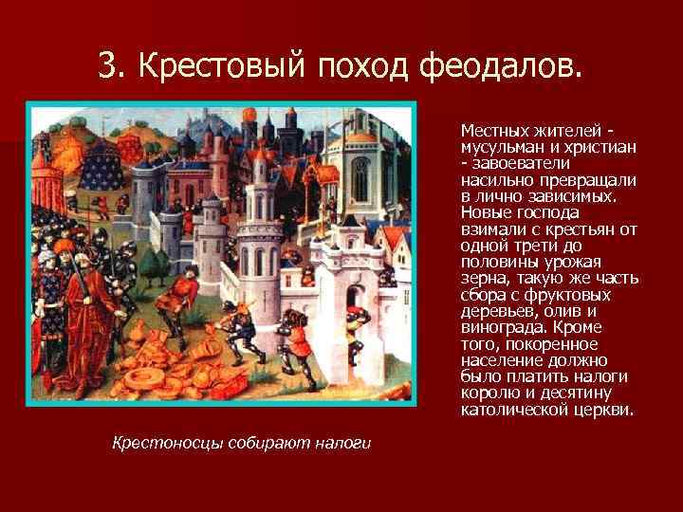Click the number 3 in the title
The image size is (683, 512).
[x=107, y=65]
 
